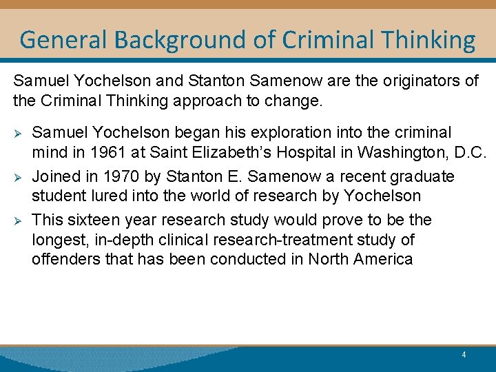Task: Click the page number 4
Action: (464, 355)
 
